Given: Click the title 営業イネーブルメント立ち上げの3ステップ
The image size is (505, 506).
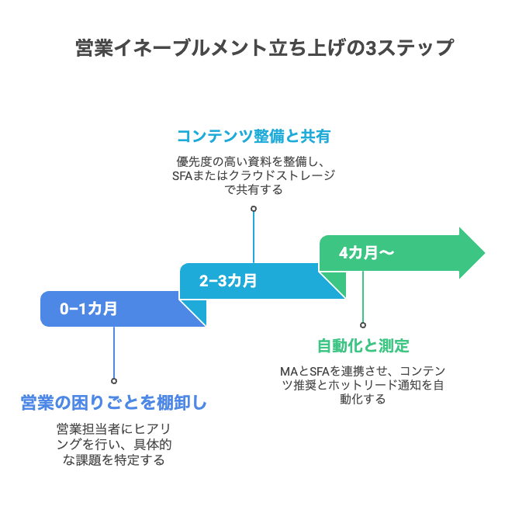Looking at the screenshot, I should [264, 48].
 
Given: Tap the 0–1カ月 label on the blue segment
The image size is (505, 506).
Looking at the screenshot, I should [89, 309].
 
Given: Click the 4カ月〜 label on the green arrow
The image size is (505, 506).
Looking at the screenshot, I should [366, 253].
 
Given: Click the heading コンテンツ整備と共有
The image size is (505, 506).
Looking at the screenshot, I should [254, 137].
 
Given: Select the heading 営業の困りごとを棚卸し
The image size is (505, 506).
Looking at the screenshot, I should [113, 404].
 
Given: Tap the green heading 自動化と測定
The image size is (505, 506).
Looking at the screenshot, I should [363, 346].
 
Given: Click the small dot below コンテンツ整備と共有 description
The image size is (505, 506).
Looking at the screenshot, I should [254, 208].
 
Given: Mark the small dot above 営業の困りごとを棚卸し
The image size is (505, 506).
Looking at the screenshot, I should [114, 380].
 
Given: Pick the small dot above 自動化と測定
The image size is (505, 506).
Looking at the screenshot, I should [363, 325].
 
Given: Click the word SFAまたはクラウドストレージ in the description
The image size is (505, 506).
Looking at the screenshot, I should [254, 175].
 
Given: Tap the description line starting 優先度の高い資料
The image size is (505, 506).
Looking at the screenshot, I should [254, 161].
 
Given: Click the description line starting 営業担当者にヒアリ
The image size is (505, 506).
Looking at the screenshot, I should [114, 428].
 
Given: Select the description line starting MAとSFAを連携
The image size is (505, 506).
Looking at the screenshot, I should [363, 370].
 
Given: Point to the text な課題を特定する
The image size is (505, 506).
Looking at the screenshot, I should [114, 459].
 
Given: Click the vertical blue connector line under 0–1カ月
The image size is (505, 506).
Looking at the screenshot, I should [114, 353].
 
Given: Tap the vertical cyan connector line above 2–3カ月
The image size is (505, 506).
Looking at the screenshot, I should [254, 237].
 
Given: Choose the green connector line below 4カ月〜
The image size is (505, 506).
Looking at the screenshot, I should [363, 299].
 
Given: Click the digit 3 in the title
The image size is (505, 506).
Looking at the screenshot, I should [371, 48].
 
